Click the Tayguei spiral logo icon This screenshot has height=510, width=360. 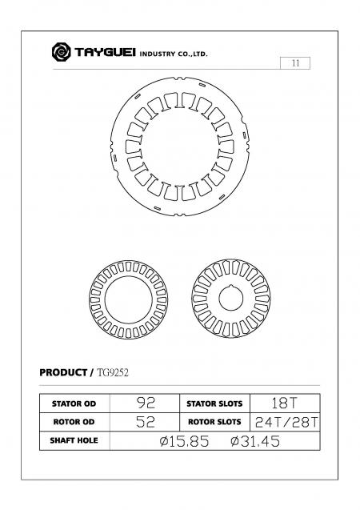point(61,53)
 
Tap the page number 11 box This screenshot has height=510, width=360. point(296,63)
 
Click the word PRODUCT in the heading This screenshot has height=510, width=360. point(63,372)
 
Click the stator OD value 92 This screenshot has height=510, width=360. point(146,403)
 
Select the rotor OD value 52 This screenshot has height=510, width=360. point(146,422)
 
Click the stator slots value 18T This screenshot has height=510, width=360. point(286,403)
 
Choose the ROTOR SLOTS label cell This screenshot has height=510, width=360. point(215,422)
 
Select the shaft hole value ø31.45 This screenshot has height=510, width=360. point(255,441)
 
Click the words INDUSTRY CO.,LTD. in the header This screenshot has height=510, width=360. point(174,54)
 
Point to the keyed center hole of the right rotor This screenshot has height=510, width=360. point(232,299)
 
